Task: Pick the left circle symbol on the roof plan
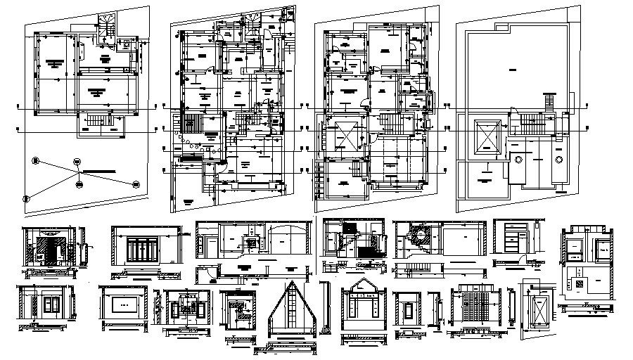[x=518, y=160]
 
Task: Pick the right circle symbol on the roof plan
[x=558, y=160]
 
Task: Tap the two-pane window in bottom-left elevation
[x=52, y=304]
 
